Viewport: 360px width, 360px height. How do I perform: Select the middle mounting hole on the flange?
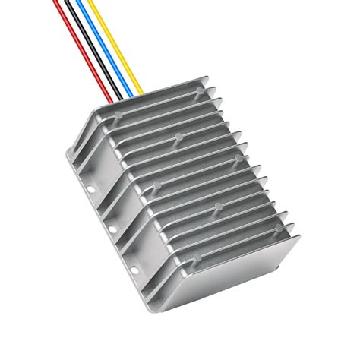pos(112,228)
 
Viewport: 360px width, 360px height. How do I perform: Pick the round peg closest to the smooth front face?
pos(196,257)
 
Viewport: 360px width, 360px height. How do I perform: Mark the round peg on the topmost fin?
pos(200,91)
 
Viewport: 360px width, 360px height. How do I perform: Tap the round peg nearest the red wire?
pos(118,118)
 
